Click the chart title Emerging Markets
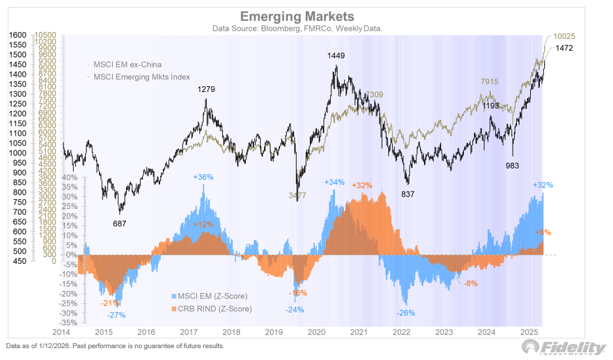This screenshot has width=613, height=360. tap(306, 16)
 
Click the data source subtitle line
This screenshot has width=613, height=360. tap(306, 29)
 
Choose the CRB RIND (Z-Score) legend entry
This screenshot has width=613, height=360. tap(212, 308)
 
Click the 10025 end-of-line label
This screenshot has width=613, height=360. tap(564, 36)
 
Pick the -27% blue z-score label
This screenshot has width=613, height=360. tap(116, 315)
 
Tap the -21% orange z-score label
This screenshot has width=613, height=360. tap(109, 302)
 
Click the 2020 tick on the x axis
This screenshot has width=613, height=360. tap(317, 333)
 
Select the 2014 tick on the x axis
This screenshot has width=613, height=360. tap(61, 333)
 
